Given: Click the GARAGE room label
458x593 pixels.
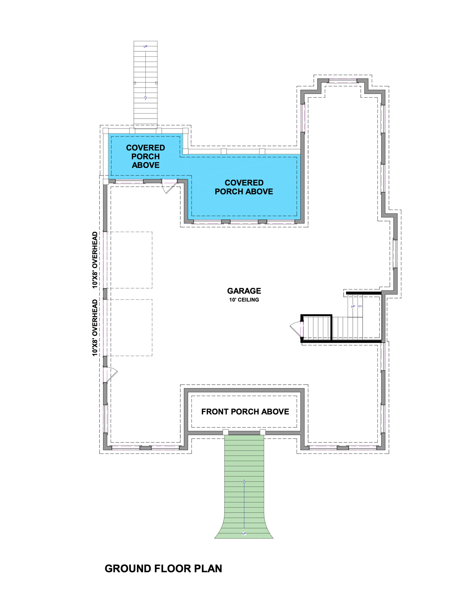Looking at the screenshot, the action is (244, 291).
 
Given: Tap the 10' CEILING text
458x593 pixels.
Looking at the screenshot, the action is (244, 300).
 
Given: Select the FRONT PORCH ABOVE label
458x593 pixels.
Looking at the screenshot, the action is (245, 412).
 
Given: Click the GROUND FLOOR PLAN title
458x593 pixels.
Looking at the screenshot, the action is (163, 569).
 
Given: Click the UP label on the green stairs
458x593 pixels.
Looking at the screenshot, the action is (244, 533).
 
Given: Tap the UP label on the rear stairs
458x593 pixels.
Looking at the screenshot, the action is (145, 46).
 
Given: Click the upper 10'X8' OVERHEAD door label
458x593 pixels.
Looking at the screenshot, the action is (95, 260).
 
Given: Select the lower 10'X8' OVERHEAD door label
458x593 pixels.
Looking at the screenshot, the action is (95, 328).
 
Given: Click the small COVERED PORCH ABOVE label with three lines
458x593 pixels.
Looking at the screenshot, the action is (145, 156).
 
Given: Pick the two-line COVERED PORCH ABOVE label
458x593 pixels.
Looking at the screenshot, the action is (244, 187).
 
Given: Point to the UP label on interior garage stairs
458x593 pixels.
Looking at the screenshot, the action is (353, 306).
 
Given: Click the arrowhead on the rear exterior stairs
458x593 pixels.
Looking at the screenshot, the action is (145, 98).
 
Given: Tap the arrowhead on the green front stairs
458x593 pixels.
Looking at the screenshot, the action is (244, 482).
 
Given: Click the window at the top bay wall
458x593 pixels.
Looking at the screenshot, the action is (343, 81).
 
